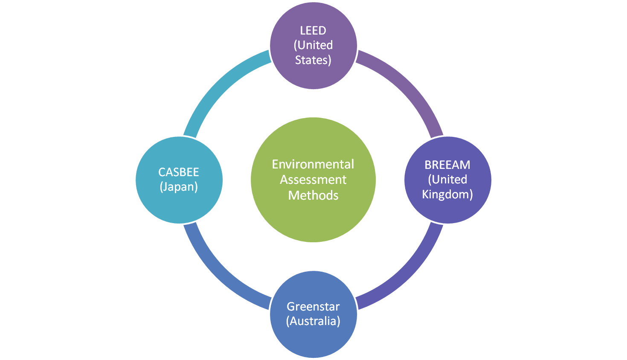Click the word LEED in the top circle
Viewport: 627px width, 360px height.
(x=313, y=31)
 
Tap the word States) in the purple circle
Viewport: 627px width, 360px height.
(x=313, y=60)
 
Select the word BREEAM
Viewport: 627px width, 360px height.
(x=447, y=165)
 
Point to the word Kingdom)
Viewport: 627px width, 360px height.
(x=447, y=195)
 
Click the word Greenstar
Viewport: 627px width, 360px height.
(x=313, y=306)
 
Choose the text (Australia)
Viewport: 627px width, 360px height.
(x=313, y=321)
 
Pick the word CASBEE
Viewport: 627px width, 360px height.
(x=179, y=172)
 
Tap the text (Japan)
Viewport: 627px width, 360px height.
(x=179, y=187)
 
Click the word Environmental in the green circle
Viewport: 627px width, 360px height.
(x=313, y=164)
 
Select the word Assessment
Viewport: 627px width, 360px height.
(x=313, y=180)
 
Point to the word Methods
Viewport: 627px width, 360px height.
(x=313, y=195)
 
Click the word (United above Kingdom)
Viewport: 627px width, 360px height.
(x=447, y=180)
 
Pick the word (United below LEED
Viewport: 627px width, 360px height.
(x=313, y=45)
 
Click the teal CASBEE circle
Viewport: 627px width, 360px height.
(x=179, y=205)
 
